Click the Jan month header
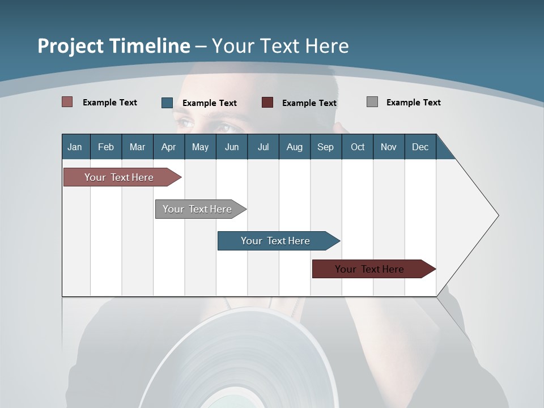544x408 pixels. click(x=75, y=147)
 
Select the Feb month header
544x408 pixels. click(x=106, y=147)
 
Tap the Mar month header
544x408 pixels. click(x=137, y=147)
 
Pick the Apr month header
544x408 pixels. click(x=169, y=147)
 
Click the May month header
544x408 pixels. click(x=200, y=147)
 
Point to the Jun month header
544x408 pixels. click(x=232, y=147)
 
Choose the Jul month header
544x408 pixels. click(x=263, y=147)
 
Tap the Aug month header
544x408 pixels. click(x=295, y=147)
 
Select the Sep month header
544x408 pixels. click(x=326, y=147)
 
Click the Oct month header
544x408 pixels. click(x=358, y=147)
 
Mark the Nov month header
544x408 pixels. click(x=389, y=147)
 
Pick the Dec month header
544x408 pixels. click(x=420, y=147)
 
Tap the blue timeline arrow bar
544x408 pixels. click(x=276, y=241)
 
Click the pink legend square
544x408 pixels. click(x=67, y=102)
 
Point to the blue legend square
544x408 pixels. click(x=167, y=103)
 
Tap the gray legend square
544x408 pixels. click(x=372, y=102)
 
